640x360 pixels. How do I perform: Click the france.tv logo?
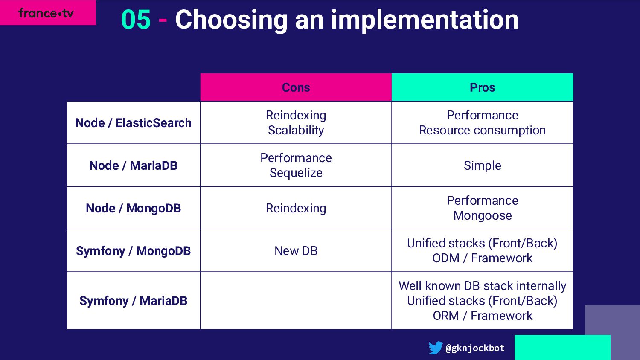[46, 13]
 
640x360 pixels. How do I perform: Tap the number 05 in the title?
[136, 20]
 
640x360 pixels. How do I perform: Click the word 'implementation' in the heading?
[425, 20]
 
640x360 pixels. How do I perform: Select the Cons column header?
[296, 87]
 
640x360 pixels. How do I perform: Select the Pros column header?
[482, 87]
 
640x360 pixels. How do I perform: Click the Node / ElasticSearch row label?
[133, 123]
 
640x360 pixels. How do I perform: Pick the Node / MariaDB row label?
[133, 165]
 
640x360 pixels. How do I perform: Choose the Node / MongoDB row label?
[133, 208]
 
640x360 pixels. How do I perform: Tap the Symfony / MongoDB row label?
[133, 251]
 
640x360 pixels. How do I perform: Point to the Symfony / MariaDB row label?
[133, 301]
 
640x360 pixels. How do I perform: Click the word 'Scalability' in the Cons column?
[296, 130]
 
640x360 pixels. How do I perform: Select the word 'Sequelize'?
[296, 173]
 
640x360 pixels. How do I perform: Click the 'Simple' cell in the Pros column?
[482, 166]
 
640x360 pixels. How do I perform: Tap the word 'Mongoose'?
[482, 216]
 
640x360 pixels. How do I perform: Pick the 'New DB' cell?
[296, 251]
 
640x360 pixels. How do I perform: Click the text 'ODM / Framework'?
[482, 258]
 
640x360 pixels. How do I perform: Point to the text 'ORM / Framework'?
[482, 316]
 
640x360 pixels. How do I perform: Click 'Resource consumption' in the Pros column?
[482, 130]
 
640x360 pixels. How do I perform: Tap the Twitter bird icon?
[436, 348]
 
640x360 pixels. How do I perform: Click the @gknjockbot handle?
[475, 348]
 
